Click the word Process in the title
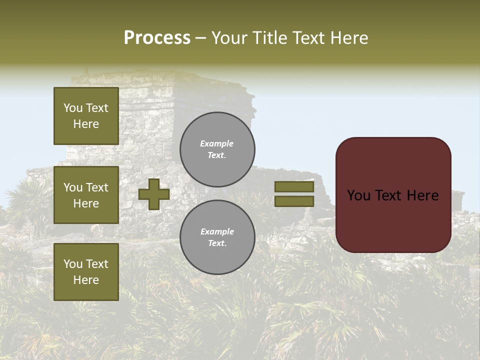(157, 38)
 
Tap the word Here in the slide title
(349, 38)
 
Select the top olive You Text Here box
(86, 116)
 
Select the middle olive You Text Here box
(86, 195)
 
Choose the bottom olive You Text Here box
(86, 272)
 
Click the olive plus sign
(154, 194)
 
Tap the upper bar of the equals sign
(294, 186)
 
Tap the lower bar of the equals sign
(294, 201)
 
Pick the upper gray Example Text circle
(217, 149)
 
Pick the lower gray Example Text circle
(217, 237)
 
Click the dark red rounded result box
(393, 220)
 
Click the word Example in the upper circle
(217, 144)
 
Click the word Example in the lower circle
(217, 232)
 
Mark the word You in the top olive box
(73, 108)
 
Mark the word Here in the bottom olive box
(86, 280)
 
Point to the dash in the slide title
(200, 38)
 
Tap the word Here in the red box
(422, 195)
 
